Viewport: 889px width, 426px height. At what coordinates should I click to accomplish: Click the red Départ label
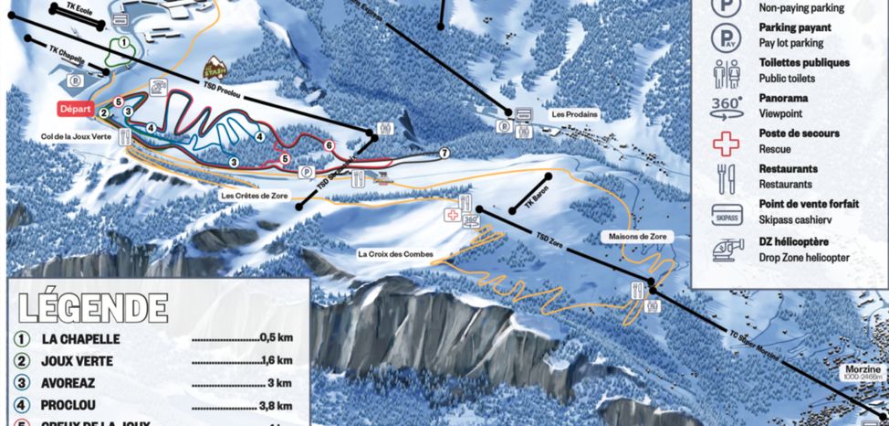[x=76, y=108]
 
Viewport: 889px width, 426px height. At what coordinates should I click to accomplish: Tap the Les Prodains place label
[x=572, y=115]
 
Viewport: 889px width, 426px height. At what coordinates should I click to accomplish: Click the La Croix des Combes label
[x=394, y=253]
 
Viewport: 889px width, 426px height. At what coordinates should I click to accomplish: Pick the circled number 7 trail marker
[x=444, y=153]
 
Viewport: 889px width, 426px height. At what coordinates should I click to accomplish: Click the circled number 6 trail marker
[x=329, y=145]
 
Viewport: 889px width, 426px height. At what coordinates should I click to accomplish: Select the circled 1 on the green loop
[x=121, y=43]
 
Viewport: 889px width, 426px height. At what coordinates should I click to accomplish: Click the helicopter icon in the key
[x=727, y=250]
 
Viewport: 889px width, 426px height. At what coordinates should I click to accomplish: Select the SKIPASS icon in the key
[x=727, y=214]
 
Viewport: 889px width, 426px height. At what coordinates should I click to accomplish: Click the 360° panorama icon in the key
[x=727, y=104]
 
